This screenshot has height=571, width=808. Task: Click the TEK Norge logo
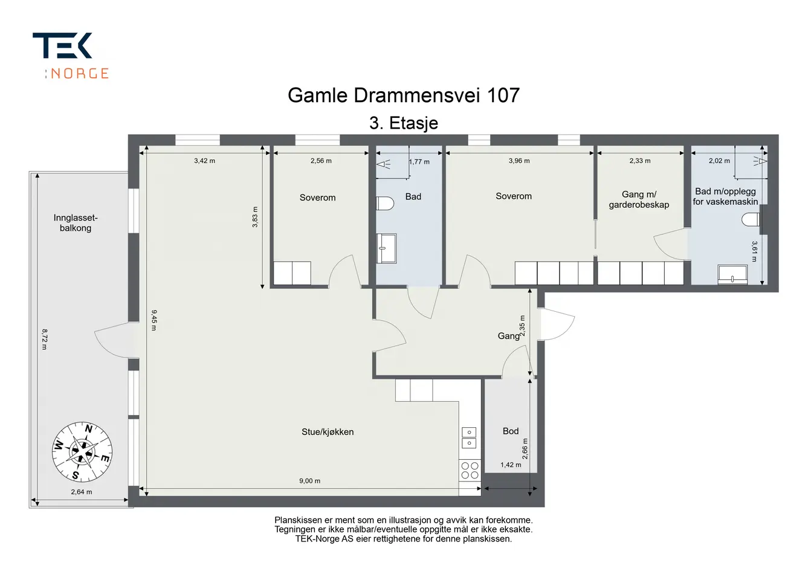click(71, 56)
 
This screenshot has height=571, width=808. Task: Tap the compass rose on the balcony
click(82, 451)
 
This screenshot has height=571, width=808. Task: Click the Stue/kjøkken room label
click(328, 432)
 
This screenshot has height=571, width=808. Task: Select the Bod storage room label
click(511, 431)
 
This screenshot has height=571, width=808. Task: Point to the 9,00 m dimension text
click(309, 480)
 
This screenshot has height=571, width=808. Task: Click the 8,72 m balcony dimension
click(44, 339)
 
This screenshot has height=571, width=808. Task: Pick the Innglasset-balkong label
click(76, 222)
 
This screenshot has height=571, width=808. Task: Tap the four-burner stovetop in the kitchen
click(470, 470)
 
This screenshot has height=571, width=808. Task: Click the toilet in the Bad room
click(384, 203)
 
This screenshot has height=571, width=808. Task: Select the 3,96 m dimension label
click(519, 161)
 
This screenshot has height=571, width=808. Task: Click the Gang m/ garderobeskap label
click(639, 199)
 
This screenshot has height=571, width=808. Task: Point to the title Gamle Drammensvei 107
click(403, 95)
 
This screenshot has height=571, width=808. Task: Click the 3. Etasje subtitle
click(403, 123)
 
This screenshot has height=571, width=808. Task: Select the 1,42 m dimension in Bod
click(511, 465)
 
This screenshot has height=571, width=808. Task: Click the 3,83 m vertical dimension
click(255, 217)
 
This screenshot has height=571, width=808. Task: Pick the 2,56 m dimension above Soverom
click(321, 161)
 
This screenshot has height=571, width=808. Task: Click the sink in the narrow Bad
click(386, 248)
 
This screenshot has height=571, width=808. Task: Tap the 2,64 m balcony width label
click(81, 492)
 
